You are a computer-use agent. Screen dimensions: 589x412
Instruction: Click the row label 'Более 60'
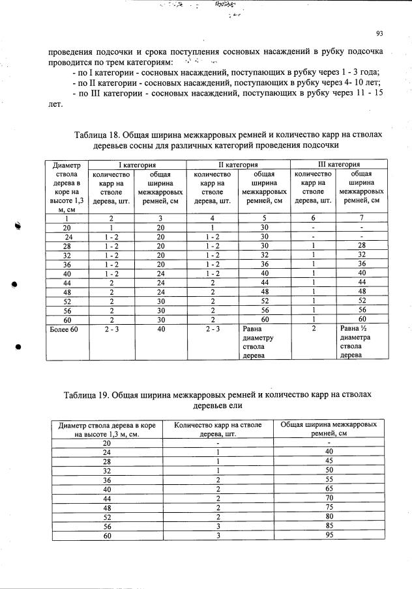(65, 329)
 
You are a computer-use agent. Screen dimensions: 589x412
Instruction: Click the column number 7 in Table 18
(357, 219)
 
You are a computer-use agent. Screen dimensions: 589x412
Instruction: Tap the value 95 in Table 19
(329, 535)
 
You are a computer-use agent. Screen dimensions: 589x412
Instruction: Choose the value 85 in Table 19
(329, 526)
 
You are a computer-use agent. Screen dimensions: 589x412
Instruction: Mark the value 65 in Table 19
(329, 488)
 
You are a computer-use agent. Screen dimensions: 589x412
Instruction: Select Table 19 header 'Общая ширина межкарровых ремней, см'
(329, 428)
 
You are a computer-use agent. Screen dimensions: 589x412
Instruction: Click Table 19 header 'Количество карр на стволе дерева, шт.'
(218, 428)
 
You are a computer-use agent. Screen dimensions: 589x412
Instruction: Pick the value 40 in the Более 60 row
(156, 329)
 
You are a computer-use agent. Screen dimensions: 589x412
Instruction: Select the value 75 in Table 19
(329, 507)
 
